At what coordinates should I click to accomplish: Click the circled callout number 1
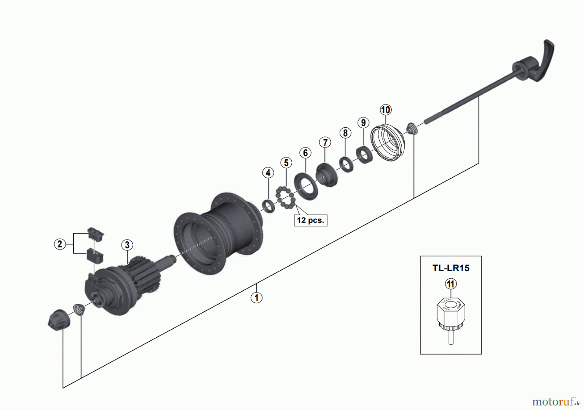(256, 298)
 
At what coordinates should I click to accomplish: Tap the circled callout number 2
(59, 244)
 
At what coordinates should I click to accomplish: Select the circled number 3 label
(127, 245)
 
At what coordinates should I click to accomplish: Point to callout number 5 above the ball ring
(286, 162)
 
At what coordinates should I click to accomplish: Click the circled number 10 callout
(385, 110)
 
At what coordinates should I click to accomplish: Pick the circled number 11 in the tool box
(450, 284)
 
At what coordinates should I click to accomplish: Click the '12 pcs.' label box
(310, 220)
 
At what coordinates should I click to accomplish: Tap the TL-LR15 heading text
(451, 268)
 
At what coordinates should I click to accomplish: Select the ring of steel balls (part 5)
(285, 197)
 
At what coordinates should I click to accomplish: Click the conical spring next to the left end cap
(78, 309)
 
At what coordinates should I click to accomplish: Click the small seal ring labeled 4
(268, 206)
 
